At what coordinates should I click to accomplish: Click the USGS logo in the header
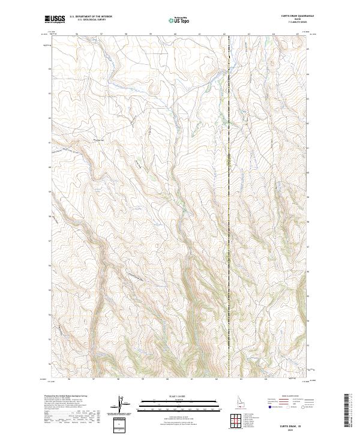(55, 20)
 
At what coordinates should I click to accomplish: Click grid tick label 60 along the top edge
(175, 34)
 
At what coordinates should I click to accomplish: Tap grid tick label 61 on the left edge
(49, 142)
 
